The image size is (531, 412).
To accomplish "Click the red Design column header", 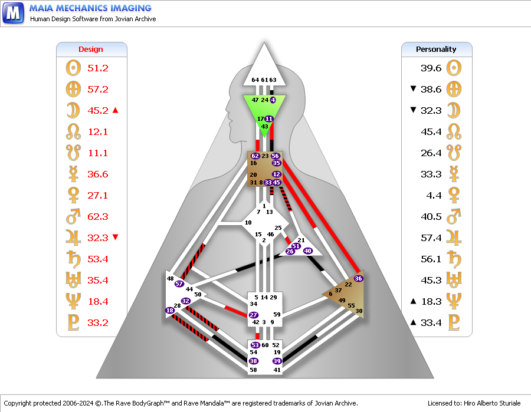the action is tap(90, 50).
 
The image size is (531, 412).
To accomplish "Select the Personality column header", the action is tap(436, 50).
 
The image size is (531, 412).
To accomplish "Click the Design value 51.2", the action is tap(98, 68).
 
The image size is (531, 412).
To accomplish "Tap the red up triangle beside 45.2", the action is tap(116, 110).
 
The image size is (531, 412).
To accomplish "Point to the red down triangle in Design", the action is tap(116, 237).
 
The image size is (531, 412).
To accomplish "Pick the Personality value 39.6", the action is tap(431, 68).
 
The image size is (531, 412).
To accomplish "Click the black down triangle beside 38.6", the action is tap(413, 88).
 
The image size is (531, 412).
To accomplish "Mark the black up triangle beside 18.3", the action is tap(413, 301).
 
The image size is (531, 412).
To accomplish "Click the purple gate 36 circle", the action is tap(358, 278).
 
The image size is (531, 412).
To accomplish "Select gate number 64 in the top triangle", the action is tap(255, 80).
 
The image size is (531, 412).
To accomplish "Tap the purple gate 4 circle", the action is tap(273, 100).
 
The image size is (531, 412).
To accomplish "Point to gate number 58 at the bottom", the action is tap(253, 370).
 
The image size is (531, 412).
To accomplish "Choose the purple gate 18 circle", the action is tap(170, 310).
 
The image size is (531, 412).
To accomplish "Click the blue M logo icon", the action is tap(13, 13).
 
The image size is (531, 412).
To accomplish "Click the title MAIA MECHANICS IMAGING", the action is tap(90, 8).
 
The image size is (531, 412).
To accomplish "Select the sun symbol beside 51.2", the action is tap(74, 68).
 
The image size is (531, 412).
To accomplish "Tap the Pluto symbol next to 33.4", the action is tap(454, 322).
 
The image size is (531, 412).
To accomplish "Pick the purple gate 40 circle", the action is tap(307, 251).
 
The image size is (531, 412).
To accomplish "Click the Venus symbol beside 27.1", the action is tap(74, 195).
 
